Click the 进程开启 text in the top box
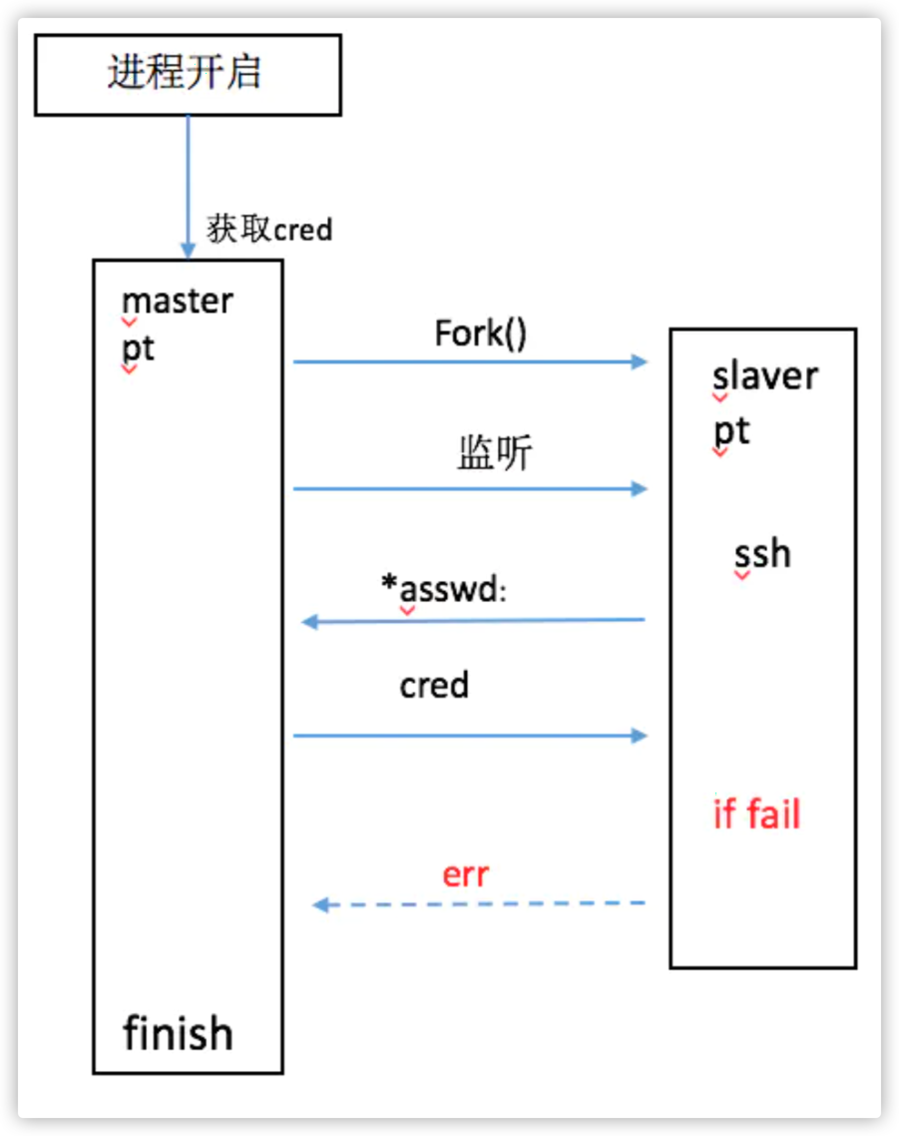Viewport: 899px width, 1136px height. coord(184,73)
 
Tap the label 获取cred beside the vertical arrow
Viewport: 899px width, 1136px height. coord(269,229)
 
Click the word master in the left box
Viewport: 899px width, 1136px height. coord(178,302)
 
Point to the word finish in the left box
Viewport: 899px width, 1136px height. coord(178,1034)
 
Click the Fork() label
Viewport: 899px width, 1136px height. coord(480,333)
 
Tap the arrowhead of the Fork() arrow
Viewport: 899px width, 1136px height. coord(639,362)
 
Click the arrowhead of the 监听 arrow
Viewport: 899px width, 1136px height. coord(639,489)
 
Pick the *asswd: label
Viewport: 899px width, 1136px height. coord(444,588)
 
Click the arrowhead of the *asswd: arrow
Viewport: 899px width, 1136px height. coord(310,622)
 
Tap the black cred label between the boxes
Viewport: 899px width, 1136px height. coord(434,685)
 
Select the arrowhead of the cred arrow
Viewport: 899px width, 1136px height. coord(639,736)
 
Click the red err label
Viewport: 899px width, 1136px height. coord(465,875)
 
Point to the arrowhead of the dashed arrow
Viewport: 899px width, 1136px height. coord(321,905)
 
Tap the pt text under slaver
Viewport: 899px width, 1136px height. coord(731,432)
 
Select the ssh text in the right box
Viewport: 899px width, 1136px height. coord(763,555)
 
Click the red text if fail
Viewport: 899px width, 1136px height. coord(756,814)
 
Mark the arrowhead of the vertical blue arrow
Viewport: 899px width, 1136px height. coord(188,250)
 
